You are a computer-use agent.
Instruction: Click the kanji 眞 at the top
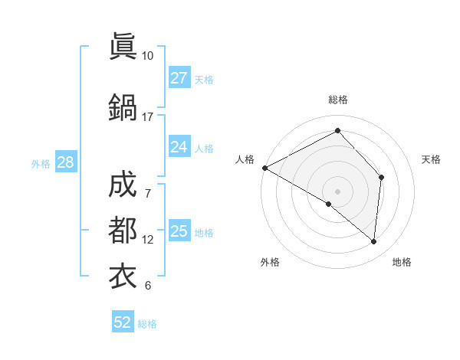123,47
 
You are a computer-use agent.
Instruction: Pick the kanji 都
123,230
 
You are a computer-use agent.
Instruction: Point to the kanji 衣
123,275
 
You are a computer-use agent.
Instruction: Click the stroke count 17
148,117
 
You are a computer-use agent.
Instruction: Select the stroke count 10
148,56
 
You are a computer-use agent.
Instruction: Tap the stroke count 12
148,240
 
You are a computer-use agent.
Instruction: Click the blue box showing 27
179,78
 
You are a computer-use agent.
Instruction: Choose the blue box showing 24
179,147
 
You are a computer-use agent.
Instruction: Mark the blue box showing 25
179,231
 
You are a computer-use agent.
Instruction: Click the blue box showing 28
65,162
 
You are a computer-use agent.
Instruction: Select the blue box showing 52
123,322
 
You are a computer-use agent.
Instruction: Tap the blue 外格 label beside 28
41,163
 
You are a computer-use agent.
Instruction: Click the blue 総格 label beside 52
148,324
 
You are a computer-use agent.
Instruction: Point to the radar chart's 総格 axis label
337,100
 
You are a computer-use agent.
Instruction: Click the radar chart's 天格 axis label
432,159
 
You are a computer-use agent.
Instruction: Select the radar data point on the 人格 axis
264,168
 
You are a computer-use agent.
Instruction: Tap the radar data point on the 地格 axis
374,242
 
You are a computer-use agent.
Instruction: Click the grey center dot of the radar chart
337,191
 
